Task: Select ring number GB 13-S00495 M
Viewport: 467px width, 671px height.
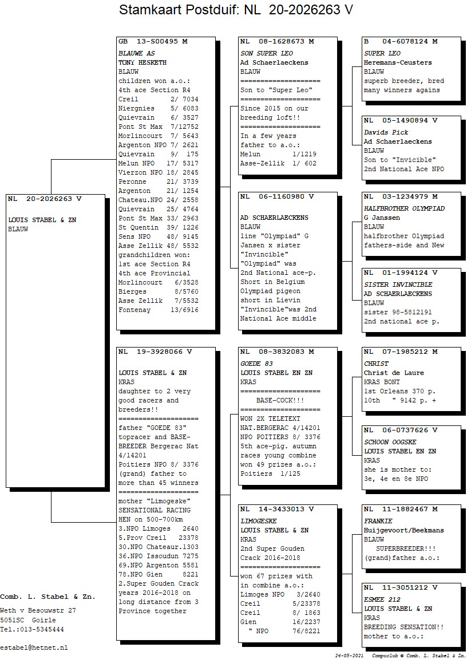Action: pos(153,42)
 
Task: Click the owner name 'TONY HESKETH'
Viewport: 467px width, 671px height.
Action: pos(143,62)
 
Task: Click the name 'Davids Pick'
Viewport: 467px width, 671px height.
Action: pos(386,133)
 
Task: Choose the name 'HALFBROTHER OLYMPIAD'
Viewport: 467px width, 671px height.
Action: pos(404,209)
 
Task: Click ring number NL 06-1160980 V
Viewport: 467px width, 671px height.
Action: pos(277,197)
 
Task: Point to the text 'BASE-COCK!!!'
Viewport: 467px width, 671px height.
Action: pos(280,401)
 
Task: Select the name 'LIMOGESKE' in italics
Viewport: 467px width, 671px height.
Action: pos(258,521)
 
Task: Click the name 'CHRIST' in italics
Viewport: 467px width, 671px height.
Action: pos(376,364)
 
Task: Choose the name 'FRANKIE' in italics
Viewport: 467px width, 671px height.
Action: pos(378,521)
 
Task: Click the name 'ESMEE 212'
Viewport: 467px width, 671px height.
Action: pos(382,600)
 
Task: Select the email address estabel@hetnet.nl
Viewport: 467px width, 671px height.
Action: pos(34,648)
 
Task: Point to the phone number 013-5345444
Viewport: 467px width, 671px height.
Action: pos(42,629)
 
